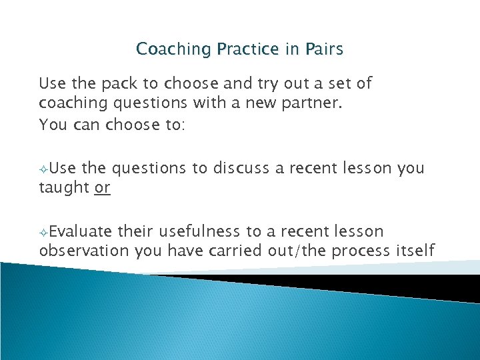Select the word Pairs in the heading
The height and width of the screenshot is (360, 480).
coord(325,49)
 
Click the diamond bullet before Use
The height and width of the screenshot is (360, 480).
coord(43,169)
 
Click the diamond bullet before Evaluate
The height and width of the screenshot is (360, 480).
coord(43,233)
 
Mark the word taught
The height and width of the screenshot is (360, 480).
coord(65,189)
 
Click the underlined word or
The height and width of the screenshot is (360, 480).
coord(102,189)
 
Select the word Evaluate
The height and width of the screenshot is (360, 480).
coord(81,231)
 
